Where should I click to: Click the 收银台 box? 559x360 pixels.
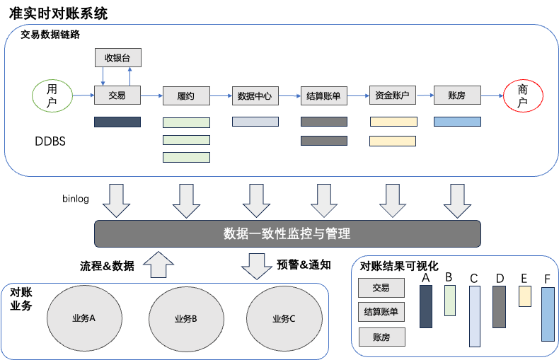click(x=117, y=58)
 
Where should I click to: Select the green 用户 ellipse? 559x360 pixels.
click(x=52, y=96)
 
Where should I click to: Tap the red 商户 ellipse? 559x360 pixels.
click(x=523, y=96)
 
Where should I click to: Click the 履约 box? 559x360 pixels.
click(x=186, y=95)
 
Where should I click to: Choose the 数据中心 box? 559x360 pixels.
click(x=255, y=95)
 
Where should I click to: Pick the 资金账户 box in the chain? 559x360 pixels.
click(x=393, y=95)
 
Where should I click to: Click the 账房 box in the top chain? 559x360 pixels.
click(x=456, y=95)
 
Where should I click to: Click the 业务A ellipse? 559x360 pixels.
click(x=83, y=318)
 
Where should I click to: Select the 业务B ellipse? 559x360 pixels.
click(x=185, y=319)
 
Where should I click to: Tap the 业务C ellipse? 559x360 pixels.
click(x=283, y=319)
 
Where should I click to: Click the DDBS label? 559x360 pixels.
click(x=50, y=141)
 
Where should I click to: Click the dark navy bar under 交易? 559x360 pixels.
click(x=117, y=122)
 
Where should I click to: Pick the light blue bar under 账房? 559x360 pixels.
click(x=457, y=122)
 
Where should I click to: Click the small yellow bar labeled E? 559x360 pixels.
click(x=524, y=296)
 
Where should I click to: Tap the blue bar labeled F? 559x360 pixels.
click(x=548, y=314)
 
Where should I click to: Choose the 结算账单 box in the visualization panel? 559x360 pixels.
click(x=381, y=312)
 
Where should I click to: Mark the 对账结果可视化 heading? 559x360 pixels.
click(x=400, y=266)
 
